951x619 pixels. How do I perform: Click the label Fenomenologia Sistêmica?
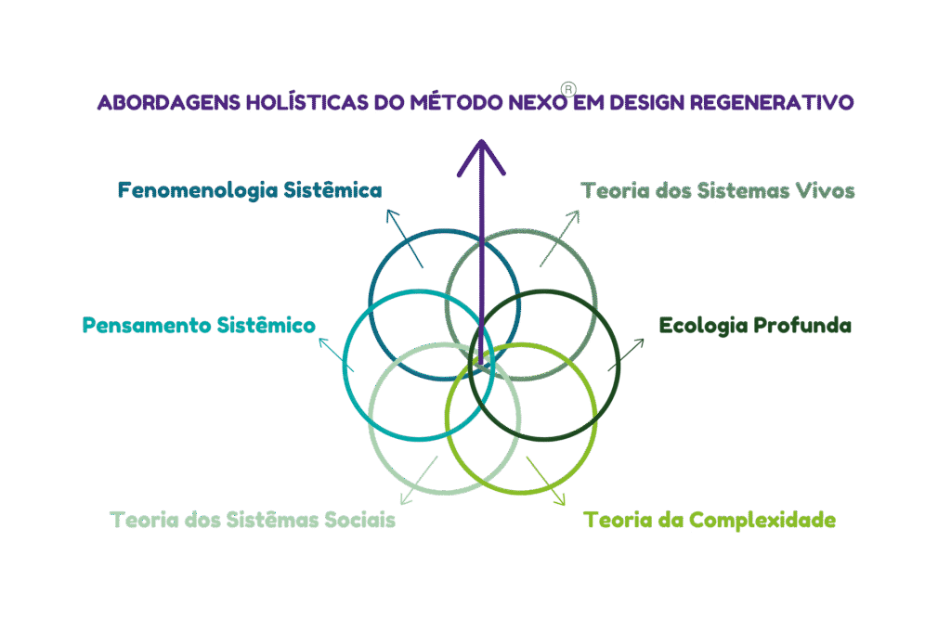[x=250, y=191]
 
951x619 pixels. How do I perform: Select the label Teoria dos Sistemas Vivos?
[x=718, y=191]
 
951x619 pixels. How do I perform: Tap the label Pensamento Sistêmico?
[x=199, y=326]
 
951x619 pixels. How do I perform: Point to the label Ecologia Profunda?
[x=755, y=326]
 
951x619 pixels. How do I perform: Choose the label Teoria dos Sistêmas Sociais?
[x=253, y=520]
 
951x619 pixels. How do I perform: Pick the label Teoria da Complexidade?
[x=710, y=520]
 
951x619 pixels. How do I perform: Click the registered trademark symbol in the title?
[x=568, y=91]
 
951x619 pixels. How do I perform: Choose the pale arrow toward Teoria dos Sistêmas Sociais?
[x=421, y=475]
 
